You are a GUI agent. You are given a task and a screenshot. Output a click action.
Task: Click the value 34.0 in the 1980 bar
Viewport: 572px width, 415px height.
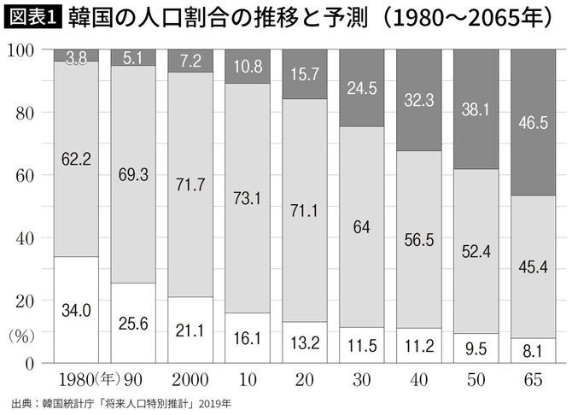click(76, 311)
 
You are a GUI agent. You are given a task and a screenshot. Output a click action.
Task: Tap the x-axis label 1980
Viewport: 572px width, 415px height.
click(72, 378)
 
